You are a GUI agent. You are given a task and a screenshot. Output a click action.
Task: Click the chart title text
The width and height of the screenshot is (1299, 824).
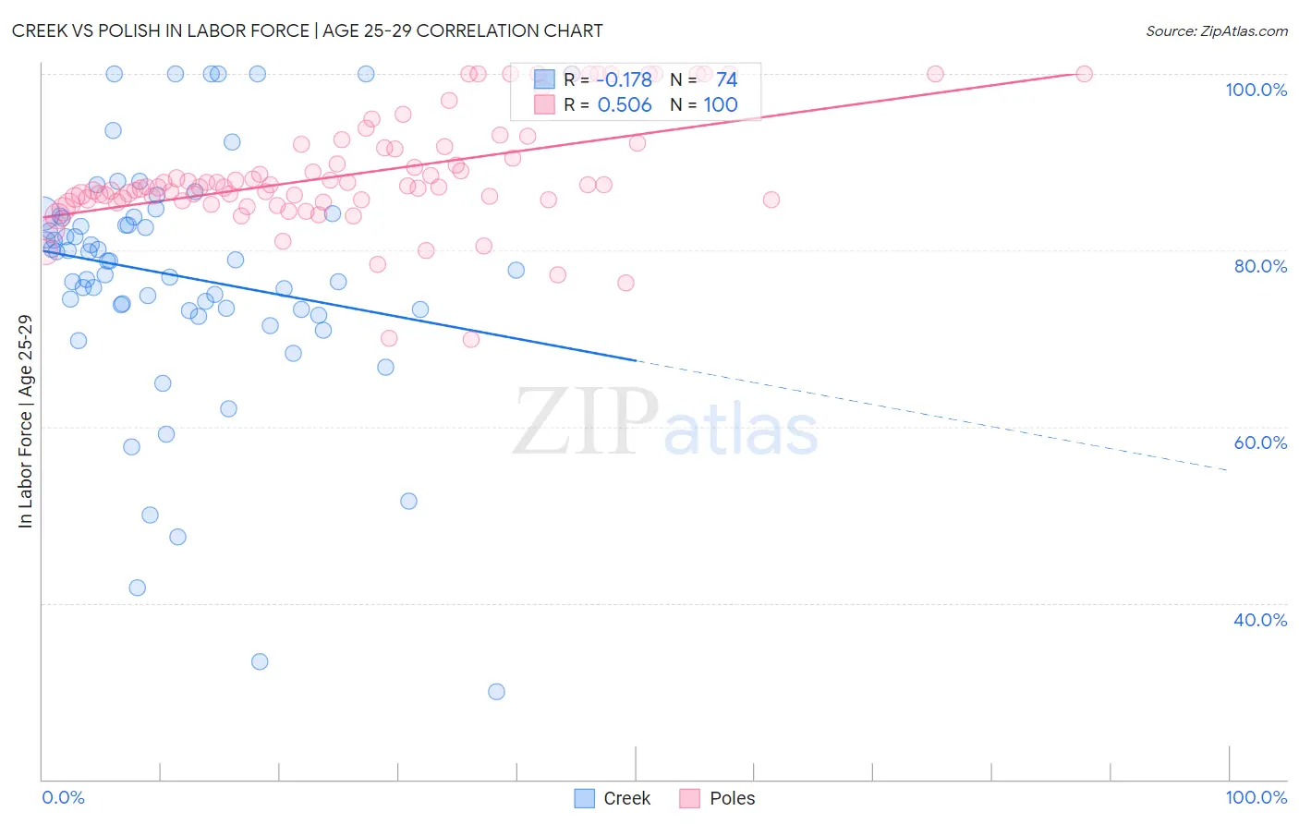pos(307,30)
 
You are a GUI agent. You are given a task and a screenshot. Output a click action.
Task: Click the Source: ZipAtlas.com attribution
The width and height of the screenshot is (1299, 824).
pos(1216,30)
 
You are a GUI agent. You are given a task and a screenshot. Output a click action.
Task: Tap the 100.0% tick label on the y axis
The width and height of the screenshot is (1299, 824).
pos(1256,90)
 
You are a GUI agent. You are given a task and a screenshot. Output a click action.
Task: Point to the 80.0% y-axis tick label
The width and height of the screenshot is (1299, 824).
pos(1260,266)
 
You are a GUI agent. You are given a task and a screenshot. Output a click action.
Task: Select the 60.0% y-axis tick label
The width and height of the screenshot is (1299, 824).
pos(1260,442)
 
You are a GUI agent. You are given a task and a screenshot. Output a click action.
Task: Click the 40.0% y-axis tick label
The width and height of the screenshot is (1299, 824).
pos(1260,620)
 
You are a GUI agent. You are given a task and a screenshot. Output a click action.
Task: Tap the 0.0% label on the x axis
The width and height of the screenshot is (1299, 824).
pos(63,797)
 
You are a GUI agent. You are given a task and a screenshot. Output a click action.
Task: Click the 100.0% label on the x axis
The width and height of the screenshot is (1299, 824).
pos(1256,797)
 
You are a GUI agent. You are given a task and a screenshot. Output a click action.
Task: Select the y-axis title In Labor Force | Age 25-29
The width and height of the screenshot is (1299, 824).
pos(25,421)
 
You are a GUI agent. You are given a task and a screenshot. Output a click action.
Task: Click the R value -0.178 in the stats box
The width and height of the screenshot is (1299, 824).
pos(625,80)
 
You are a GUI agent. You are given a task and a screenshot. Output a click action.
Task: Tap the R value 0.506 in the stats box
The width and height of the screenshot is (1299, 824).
pos(625,105)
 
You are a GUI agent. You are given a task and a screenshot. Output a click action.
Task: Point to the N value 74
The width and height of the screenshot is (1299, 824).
pos(726,80)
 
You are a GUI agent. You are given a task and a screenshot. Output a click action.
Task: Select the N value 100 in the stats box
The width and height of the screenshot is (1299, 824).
pos(721,105)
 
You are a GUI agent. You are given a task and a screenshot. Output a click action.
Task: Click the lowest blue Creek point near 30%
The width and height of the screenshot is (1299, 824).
pos(496,692)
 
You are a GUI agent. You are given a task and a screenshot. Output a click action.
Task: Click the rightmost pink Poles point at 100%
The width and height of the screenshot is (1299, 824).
pos(1085,74)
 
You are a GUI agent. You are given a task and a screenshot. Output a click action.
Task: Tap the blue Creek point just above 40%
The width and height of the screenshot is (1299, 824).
pos(137,588)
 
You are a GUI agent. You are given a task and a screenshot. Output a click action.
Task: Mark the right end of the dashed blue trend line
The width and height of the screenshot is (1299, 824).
pos(1227,470)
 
